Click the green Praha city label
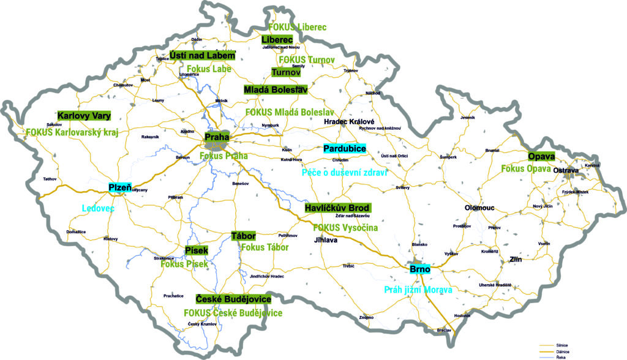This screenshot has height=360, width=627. point(216,137)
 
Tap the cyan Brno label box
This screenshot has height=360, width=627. point(420,269)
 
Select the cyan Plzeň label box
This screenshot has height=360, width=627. point(119,187)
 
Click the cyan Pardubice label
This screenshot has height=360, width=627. point(344,148)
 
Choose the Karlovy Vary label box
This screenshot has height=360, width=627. point(83,116)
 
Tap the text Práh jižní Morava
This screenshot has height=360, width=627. point(418,290)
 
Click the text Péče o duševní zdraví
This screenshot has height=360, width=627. point(345,173)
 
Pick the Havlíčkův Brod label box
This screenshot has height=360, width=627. point(342,209)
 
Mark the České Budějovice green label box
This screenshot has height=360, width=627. point(233,299)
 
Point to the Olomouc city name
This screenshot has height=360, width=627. point(479,208)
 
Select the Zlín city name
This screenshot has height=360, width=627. point(517,260)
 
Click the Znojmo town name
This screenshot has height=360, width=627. point(366,318)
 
